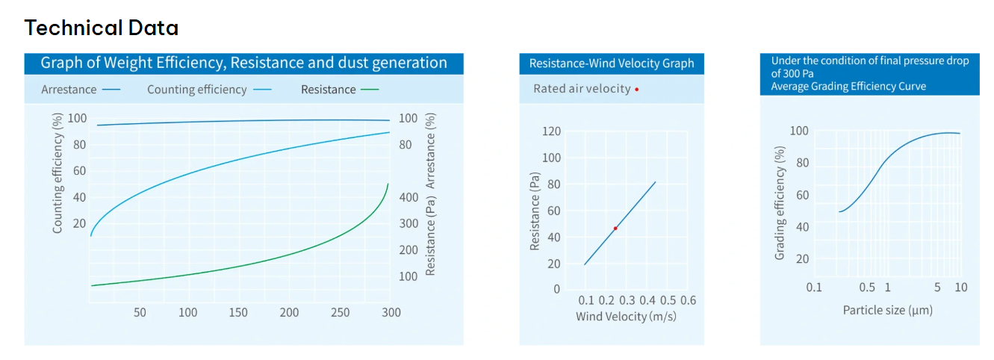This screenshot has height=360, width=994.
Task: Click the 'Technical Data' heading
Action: point(102,28)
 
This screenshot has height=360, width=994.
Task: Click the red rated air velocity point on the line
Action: point(615,228)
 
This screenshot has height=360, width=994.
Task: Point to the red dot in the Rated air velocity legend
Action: point(636,90)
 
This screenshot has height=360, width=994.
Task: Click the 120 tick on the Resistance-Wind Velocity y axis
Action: point(551,131)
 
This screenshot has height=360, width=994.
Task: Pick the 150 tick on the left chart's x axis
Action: point(238,312)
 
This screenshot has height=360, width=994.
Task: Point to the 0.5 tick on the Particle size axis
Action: point(866,288)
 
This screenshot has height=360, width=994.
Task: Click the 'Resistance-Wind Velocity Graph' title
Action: point(611,63)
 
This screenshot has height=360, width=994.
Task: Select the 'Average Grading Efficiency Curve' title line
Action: point(848,86)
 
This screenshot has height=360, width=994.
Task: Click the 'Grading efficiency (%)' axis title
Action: point(780,202)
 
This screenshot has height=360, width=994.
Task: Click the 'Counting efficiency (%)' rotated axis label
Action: point(58,174)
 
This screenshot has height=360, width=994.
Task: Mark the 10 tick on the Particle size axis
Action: point(960,288)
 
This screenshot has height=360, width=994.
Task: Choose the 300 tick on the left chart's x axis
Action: point(391,312)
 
